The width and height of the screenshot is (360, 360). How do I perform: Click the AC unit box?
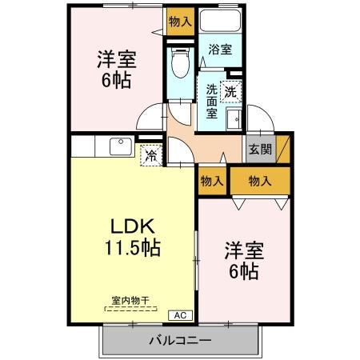[180, 315]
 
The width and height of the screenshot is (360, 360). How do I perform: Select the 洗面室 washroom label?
[211, 101]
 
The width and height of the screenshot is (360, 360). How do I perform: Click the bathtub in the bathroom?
[220, 22]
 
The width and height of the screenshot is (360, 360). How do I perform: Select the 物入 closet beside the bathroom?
[179, 22]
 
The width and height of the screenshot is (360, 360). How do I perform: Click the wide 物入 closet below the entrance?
[259, 181]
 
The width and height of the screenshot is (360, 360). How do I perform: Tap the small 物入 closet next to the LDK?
[211, 181]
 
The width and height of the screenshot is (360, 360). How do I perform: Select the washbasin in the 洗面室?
[233, 120]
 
